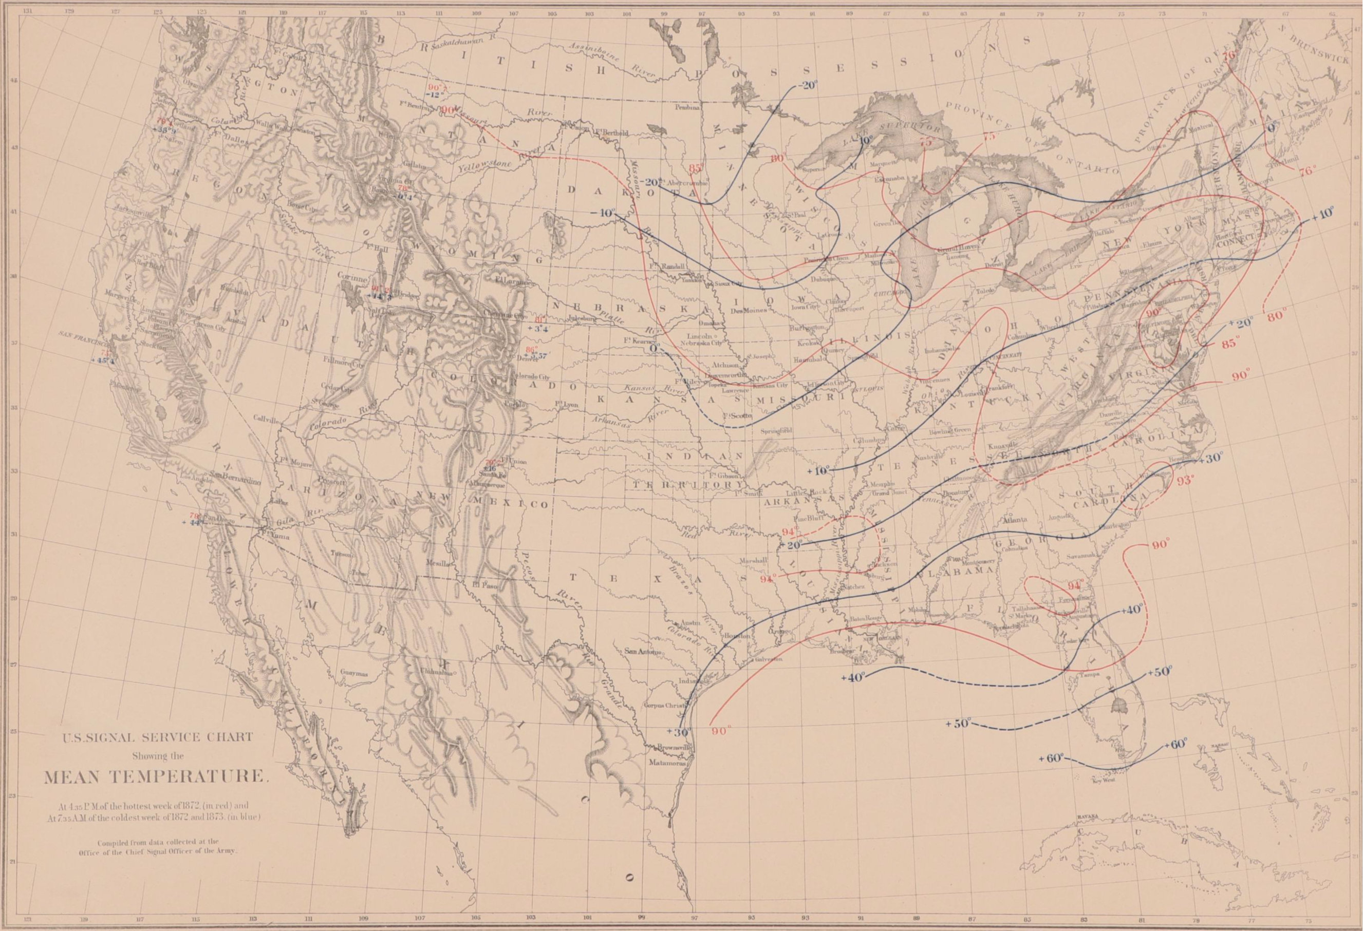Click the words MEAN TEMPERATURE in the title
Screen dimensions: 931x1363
pos(156,777)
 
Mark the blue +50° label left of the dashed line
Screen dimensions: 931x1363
pos(958,724)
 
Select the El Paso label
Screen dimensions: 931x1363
pos(485,584)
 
